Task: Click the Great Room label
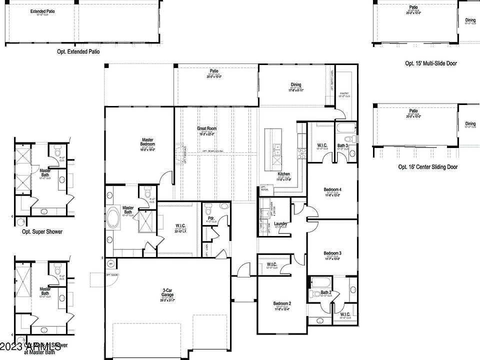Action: click(x=206, y=128)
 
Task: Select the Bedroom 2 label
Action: click(x=282, y=303)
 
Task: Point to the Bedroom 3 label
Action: click(x=332, y=253)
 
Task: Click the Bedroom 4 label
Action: click(x=332, y=189)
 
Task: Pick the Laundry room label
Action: click(x=280, y=223)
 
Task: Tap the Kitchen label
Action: click(x=283, y=174)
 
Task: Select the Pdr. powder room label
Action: click(x=211, y=218)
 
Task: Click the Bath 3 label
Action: click(x=342, y=145)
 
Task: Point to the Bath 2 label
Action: click(x=326, y=292)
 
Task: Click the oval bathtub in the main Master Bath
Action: click(x=112, y=218)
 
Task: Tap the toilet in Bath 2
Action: click(x=315, y=293)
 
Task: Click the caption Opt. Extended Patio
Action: click(x=78, y=51)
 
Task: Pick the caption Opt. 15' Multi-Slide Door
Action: click(x=430, y=63)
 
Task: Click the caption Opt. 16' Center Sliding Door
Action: click(x=427, y=167)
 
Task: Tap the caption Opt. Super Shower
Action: click(x=42, y=231)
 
